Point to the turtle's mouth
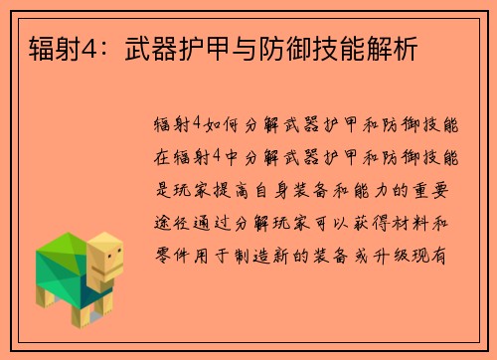(111, 271)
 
